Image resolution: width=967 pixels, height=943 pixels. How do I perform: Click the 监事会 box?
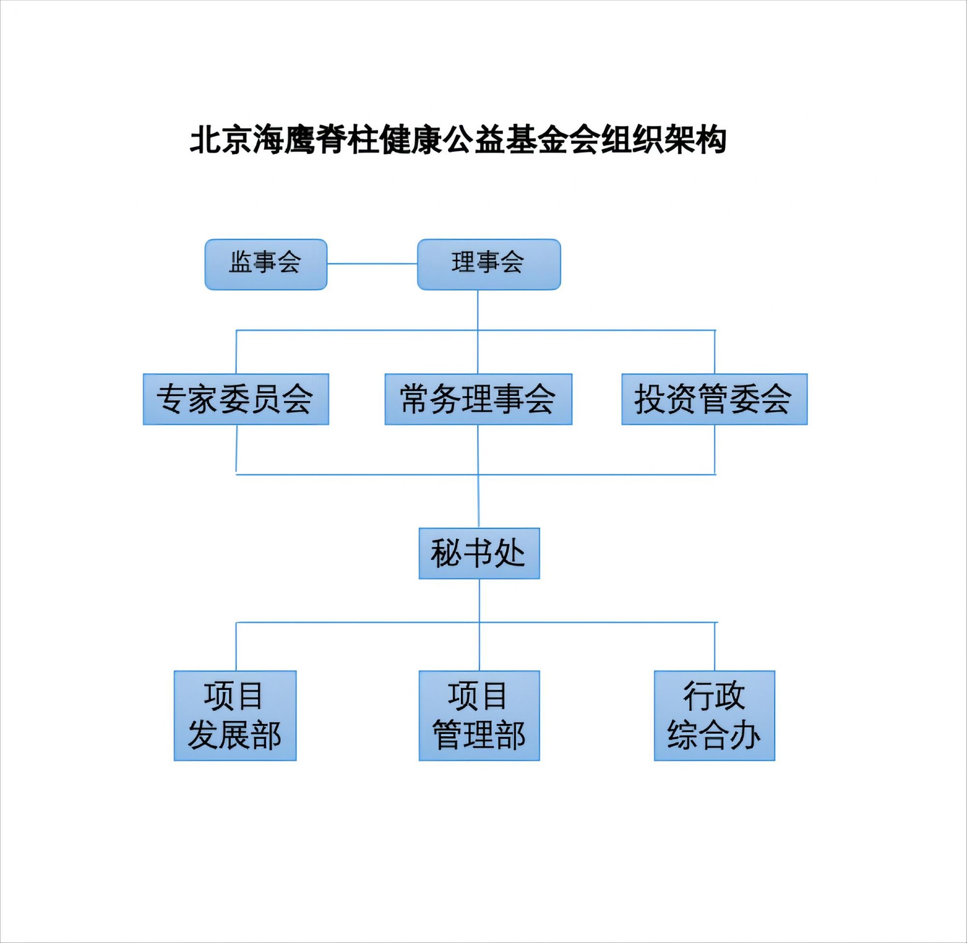[266, 265]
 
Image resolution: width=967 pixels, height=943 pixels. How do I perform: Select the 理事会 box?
[489, 265]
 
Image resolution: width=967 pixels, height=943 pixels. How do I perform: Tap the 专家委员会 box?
[235, 399]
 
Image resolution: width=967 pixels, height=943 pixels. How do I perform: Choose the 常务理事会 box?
[478, 399]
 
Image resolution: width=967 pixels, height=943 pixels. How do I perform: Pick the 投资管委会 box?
[714, 399]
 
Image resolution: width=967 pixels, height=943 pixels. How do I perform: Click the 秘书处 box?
[479, 553]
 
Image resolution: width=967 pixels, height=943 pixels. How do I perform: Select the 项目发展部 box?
[234, 716]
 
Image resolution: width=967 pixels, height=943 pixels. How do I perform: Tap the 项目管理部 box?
[479, 716]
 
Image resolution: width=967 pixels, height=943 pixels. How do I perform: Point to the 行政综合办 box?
[714, 716]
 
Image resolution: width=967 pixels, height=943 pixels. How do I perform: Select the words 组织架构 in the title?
[663, 140]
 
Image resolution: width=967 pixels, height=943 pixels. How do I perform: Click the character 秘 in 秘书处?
[447, 553]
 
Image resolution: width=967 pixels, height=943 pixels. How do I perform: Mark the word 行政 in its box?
[714, 696]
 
